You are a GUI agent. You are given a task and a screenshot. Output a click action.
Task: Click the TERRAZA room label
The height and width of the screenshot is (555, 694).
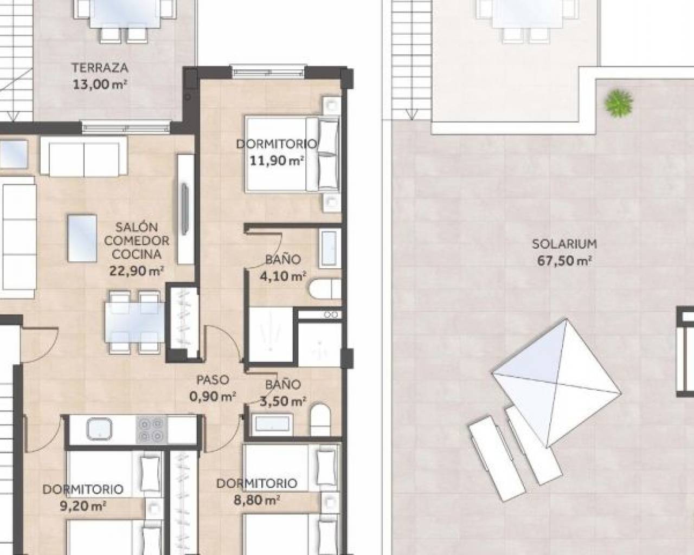coord(100,68)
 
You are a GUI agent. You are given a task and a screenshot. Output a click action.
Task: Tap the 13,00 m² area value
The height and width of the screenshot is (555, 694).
coord(100,85)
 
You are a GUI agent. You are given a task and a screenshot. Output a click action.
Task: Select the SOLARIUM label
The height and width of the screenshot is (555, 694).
coord(564,244)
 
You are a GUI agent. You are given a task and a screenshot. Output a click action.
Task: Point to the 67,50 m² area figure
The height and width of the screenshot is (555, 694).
coord(564,261)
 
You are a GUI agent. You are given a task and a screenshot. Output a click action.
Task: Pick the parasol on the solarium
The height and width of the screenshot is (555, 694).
coord(557,383)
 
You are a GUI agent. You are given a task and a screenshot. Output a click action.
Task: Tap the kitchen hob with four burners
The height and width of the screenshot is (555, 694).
coord(151,429)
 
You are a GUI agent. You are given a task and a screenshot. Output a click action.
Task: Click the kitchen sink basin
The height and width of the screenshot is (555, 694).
coord(100,429)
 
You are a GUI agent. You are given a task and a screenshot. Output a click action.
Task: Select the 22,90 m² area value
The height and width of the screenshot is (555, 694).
coord(137,270)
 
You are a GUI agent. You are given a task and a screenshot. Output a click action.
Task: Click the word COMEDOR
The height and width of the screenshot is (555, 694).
coord(137,241)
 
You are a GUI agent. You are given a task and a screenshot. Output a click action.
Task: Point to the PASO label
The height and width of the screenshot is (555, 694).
coord(213,379)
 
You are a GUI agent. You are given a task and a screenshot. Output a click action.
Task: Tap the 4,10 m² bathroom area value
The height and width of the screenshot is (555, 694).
coord(283,276)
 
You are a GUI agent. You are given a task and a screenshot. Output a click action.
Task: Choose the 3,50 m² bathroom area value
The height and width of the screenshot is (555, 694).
coord(283,401)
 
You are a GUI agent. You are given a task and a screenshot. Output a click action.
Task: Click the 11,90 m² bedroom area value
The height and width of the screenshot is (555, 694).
coord(277,160)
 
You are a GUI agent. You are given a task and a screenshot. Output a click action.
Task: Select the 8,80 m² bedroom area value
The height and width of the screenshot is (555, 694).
coord(256,500)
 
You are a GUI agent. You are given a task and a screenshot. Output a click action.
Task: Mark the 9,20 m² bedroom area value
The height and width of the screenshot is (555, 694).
coord(83,506)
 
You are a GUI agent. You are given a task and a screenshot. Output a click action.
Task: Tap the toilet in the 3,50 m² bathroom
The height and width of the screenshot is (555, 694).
coord(320,420)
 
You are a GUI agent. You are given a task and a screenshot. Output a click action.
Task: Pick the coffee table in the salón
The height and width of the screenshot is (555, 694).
coord(82,238)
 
